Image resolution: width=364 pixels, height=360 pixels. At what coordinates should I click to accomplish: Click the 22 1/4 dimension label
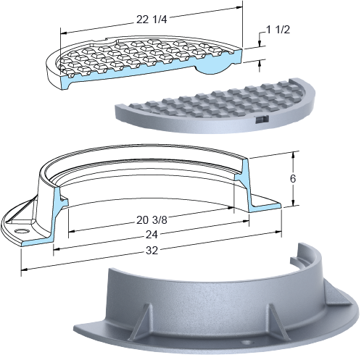pos(152,20)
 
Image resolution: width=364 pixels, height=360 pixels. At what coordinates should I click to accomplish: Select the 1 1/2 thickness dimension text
pos(278,30)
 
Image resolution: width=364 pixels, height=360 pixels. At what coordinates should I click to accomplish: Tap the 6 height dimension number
pos(293,179)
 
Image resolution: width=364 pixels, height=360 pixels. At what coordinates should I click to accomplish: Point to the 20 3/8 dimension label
pos(152,220)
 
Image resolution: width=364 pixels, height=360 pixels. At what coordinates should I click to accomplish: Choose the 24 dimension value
pos(152,235)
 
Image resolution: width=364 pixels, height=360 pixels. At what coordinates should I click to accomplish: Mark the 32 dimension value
pos(152,251)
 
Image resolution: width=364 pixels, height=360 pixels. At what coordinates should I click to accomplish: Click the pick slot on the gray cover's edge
pos(262,120)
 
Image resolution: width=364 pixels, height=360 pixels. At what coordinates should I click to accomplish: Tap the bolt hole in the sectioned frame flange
pos(22,231)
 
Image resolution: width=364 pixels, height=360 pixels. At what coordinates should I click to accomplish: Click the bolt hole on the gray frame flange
pos(246,342)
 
